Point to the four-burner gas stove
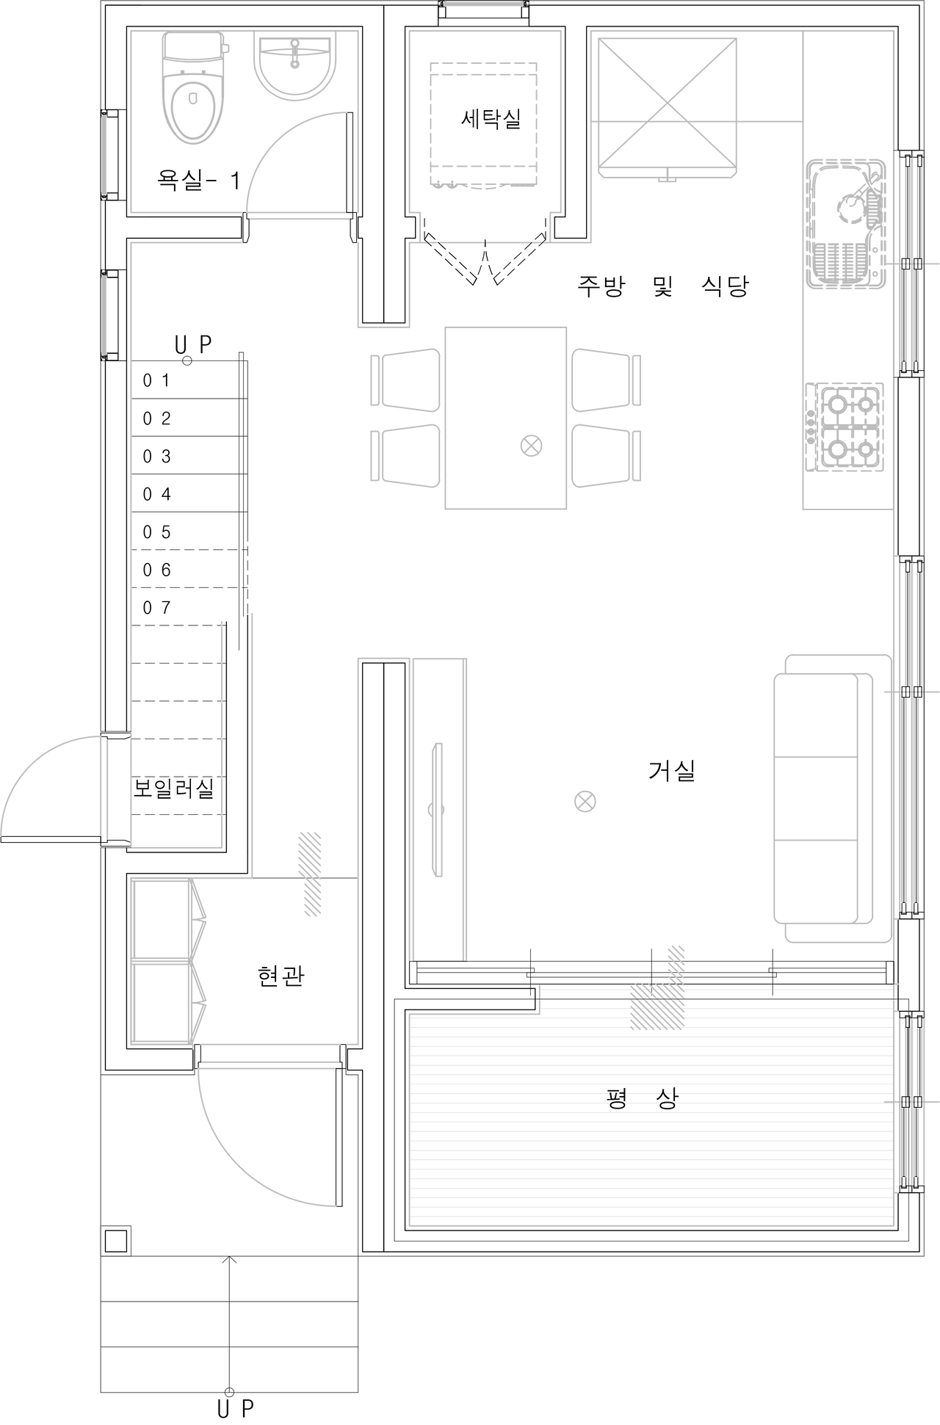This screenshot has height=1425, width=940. point(849,425)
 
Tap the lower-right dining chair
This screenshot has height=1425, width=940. point(606,455)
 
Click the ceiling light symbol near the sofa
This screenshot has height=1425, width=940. point(585,800)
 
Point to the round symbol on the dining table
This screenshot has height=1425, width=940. point(531,446)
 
